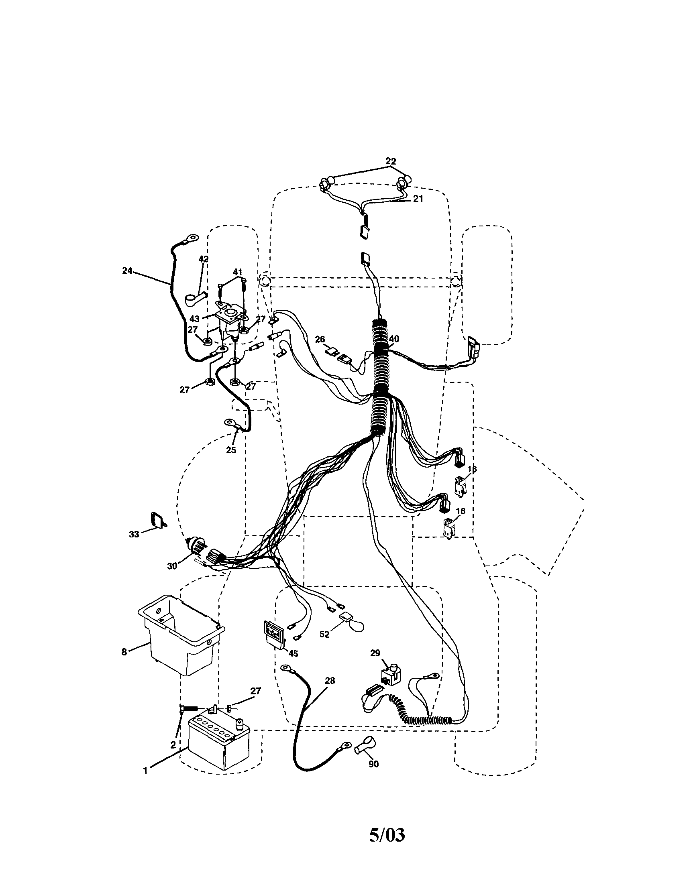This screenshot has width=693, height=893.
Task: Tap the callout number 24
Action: coord(127,270)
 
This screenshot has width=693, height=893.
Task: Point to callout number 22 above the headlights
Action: coord(391,161)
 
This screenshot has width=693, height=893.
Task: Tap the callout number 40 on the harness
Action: coord(394,339)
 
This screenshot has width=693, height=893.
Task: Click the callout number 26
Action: coord(320,339)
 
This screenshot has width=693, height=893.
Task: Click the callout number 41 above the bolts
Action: coord(238,271)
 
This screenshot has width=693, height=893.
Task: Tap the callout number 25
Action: coord(231,450)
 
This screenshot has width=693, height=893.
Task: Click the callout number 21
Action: coord(418,199)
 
